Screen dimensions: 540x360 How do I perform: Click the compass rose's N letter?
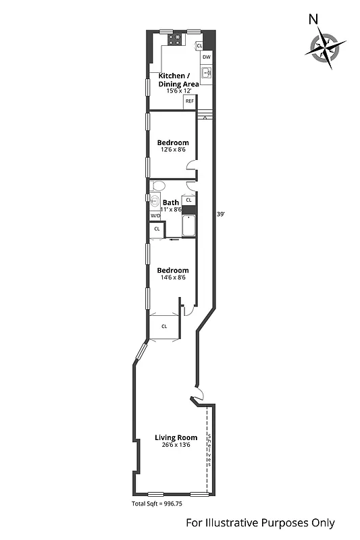(x=313, y=20)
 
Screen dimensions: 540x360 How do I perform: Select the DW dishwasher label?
(x=207, y=57)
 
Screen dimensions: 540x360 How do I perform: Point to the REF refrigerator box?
(x=190, y=101)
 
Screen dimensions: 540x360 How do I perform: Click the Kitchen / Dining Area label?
(x=178, y=80)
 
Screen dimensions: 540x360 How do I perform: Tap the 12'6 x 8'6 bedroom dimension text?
(x=173, y=150)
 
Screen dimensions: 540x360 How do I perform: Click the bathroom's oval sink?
(x=154, y=200)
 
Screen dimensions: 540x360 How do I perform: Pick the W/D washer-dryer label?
(x=155, y=216)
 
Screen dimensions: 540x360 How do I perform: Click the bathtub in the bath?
(x=188, y=225)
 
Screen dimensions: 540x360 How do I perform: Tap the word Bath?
(x=171, y=202)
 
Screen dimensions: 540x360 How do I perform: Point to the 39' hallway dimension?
(x=220, y=215)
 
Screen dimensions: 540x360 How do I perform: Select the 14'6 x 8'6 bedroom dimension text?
(x=173, y=277)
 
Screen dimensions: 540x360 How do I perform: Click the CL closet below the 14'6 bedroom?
(x=164, y=326)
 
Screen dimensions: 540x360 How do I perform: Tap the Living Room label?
(x=176, y=437)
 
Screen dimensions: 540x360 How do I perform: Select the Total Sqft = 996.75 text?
(x=161, y=504)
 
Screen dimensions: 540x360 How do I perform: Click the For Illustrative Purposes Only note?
(x=260, y=523)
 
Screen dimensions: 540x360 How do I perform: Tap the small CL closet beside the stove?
(x=199, y=45)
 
